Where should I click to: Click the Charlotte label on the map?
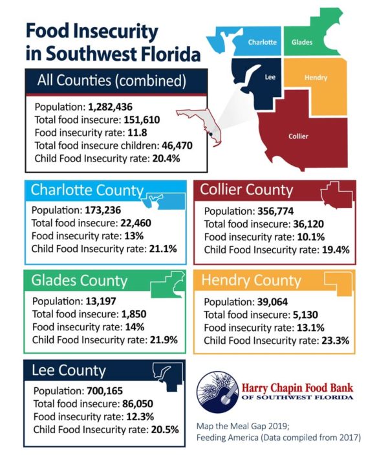click(x=263, y=42)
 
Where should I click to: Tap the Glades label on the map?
click(x=302, y=42)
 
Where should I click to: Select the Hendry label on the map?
click(x=315, y=78)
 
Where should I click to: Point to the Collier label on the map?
click(x=298, y=136)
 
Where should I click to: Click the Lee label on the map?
click(x=271, y=76)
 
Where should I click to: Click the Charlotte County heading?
click(x=87, y=190)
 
